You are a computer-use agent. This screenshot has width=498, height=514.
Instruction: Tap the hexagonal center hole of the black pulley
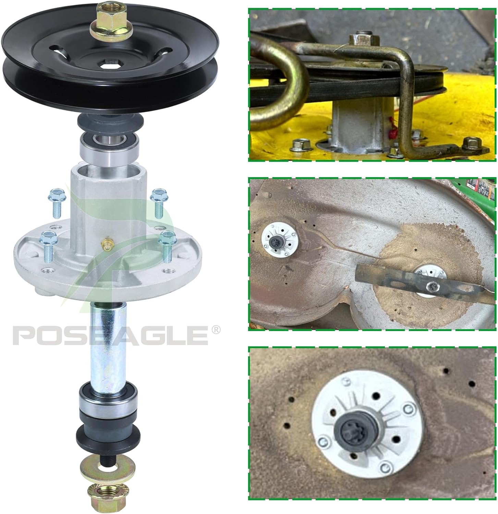click(x=104, y=63)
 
